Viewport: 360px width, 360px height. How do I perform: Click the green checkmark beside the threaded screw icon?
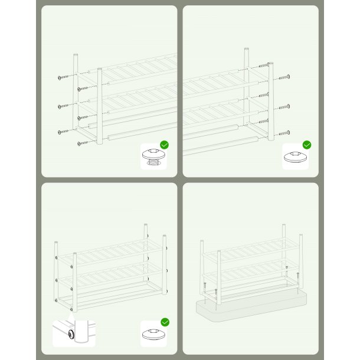coord(165,145)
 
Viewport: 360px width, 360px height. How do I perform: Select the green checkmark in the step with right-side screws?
coord(307,145)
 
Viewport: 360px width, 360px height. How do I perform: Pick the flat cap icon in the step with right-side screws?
coord(295,156)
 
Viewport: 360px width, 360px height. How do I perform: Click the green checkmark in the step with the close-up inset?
coord(165,322)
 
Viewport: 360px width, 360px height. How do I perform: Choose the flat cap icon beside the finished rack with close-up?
coord(154,333)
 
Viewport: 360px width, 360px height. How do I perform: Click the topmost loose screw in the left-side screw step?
coord(61,77)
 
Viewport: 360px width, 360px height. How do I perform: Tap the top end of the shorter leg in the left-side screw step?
coord(100,70)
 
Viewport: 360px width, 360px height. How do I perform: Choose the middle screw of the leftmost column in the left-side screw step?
coord(61,106)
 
